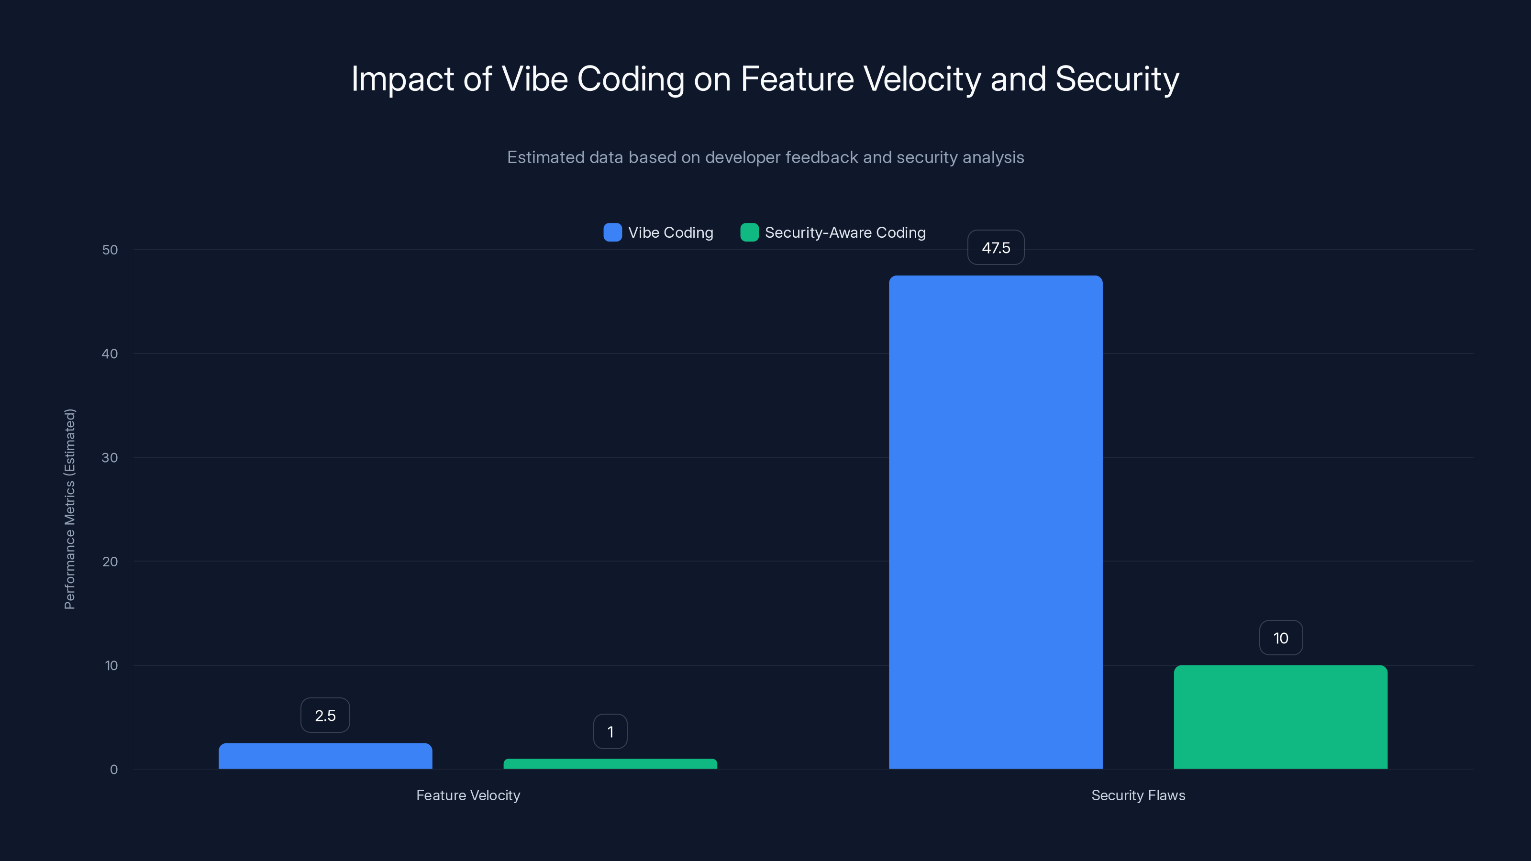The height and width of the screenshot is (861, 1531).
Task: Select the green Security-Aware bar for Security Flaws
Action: click(x=1280, y=717)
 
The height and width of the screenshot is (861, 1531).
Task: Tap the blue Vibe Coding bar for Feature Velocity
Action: click(x=325, y=756)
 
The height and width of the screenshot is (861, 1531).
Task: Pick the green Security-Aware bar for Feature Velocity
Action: click(x=610, y=763)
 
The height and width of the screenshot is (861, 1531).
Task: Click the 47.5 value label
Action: click(x=996, y=248)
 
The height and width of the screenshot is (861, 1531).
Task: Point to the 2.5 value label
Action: click(x=325, y=716)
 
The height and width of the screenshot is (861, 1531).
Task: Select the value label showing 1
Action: click(x=610, y=731)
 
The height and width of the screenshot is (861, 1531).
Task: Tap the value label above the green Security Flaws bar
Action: click(x=1280, y=638)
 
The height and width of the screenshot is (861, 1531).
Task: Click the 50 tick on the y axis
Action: click(x=110, y=250)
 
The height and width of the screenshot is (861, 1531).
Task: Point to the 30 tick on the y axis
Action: click(x=110, y=458)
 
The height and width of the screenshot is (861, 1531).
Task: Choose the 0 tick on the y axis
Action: click(x=113, y=770)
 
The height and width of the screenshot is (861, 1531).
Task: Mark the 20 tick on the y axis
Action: click(x=110, y=562)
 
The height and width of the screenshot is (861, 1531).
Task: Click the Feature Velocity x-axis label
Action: click(x=468, y=795)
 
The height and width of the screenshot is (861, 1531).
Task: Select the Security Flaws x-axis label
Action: click(x=1138, y=795)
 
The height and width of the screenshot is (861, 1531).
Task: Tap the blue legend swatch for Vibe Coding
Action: click(x=612, y=232)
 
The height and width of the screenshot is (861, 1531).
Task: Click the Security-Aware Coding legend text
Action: click(x=844, y=232)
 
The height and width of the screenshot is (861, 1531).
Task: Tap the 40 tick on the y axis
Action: click(x=110, y=353)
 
